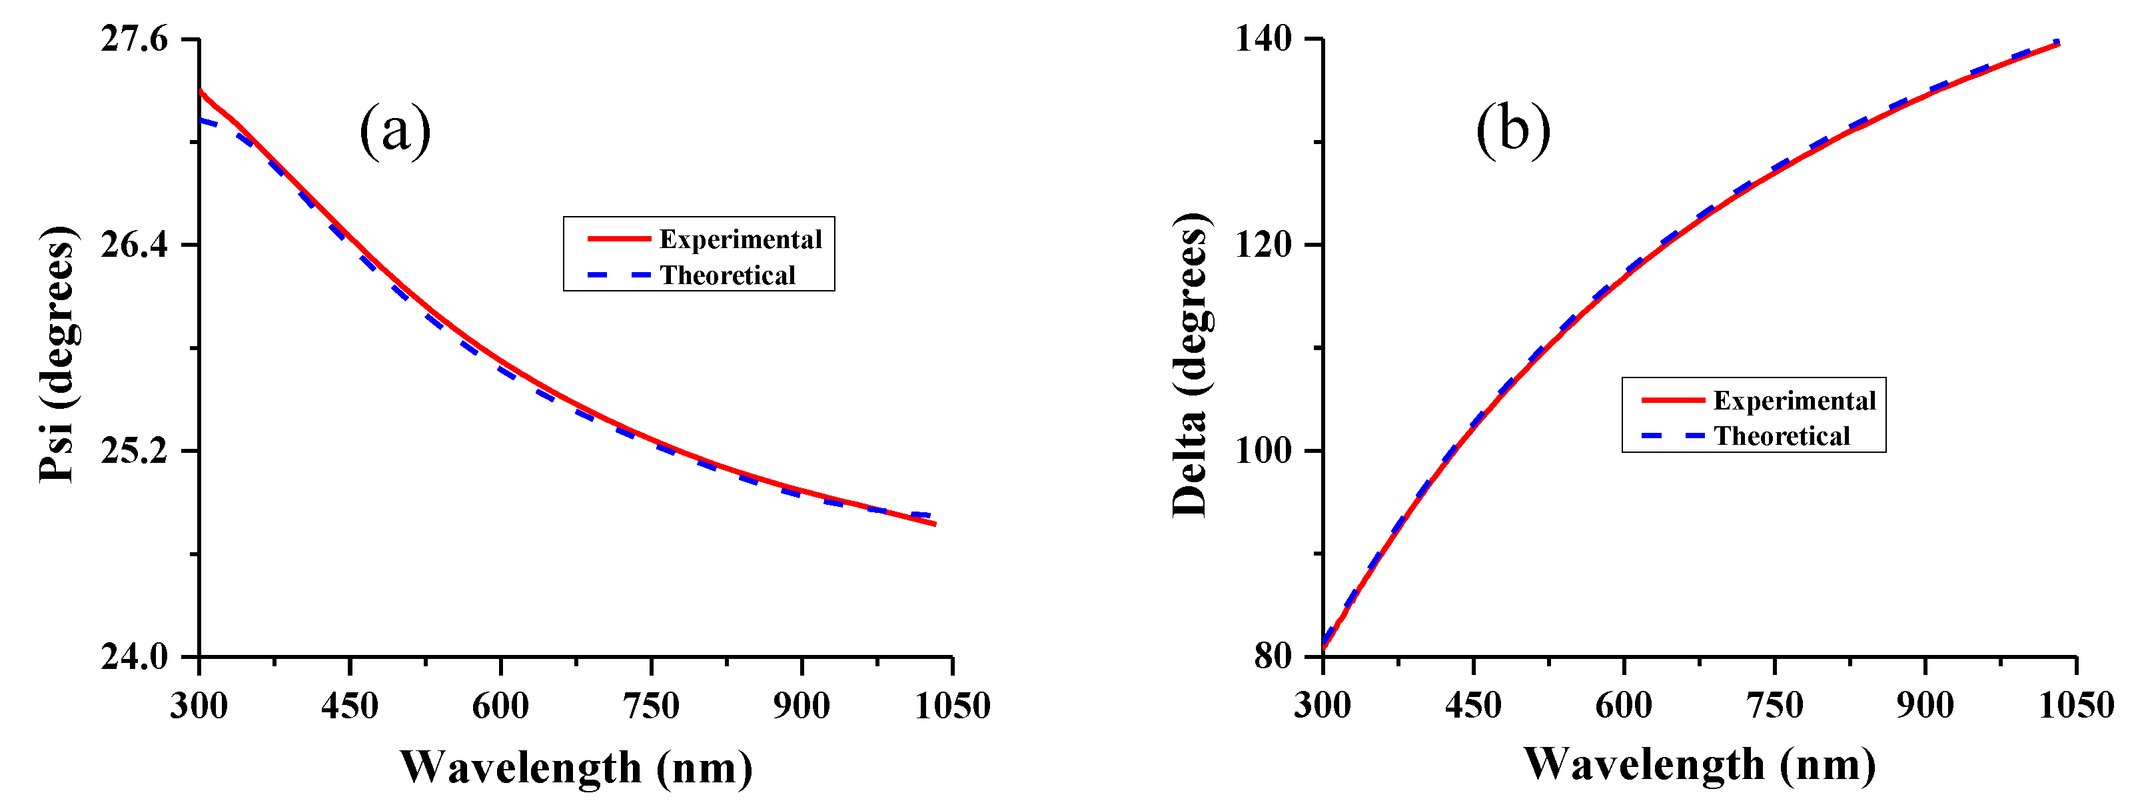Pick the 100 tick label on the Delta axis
(1264, 452)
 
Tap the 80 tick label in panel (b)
(1274, 656)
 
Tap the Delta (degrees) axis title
(1191, 365)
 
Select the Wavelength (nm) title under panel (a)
(576, 768)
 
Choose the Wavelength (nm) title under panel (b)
(1700, 764)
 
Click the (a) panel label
(396, 129)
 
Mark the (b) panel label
(1513, 129)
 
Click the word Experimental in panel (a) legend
(740, 240)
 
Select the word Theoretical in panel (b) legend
(1782, 436)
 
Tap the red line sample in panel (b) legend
(1672, 400)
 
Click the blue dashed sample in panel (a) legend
(618, 275)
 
